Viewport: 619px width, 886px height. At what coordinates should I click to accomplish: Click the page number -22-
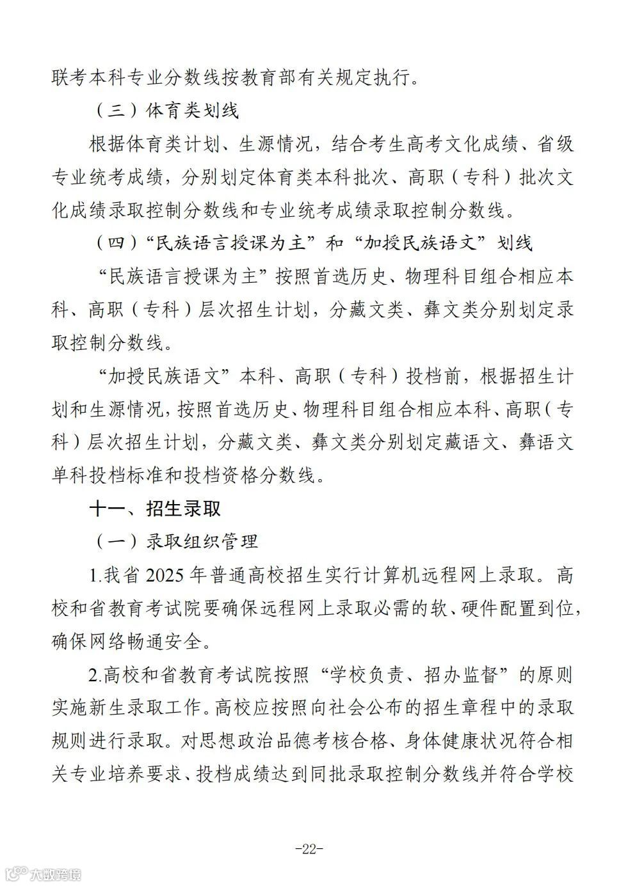click(x=309, y=850)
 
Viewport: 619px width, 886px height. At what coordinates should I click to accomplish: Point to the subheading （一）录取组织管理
click(x=175, y=542)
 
